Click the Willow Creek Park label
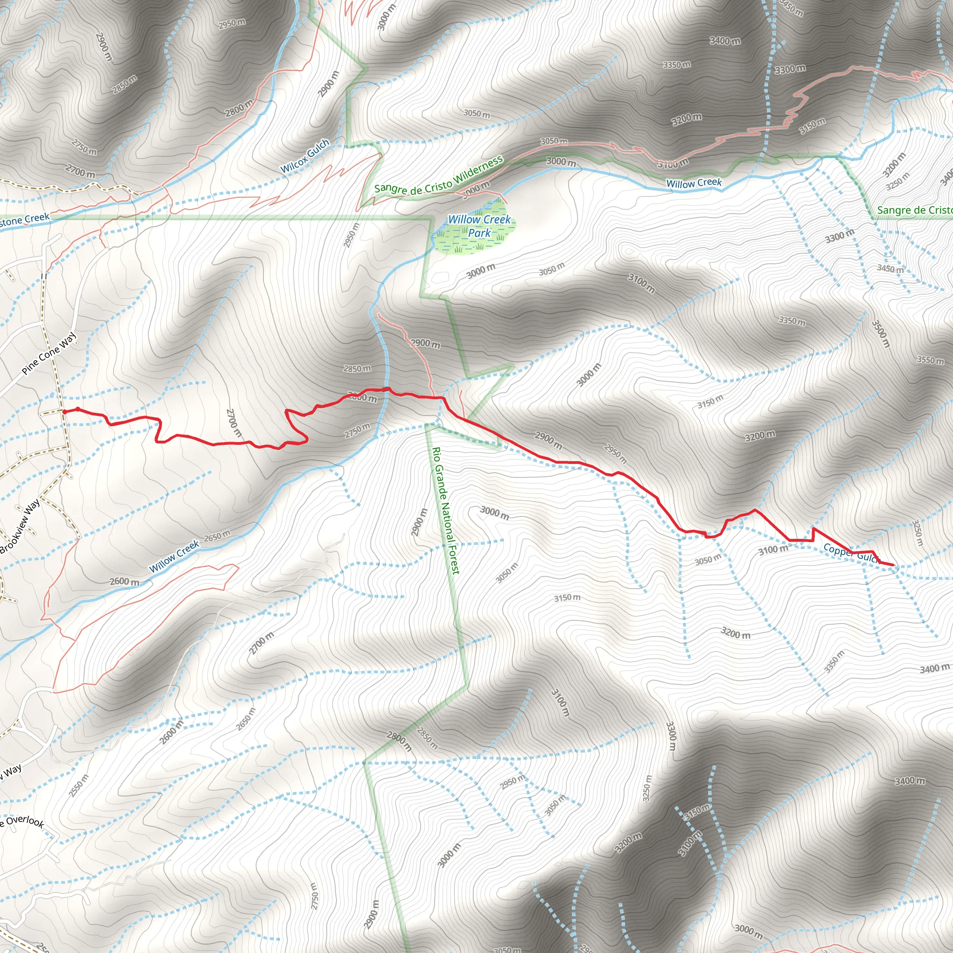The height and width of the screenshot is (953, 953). [x=479, y=226]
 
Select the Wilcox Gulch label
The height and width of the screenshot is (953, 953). [x=305, y=156]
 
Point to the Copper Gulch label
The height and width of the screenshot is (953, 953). [x=852, y=553]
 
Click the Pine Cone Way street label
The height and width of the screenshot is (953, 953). [x=49, y=354]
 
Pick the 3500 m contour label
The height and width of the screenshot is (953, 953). [x=880, y=334]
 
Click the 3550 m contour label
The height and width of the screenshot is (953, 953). [x=930, y=360]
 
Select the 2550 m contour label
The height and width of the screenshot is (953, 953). [x=79, y=786]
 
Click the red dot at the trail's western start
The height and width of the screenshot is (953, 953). [x=65, y=411]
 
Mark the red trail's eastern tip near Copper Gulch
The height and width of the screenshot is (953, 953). [x=893, y=565]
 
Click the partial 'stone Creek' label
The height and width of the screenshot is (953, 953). [x=25, y=220]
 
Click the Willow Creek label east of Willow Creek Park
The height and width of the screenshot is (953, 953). [x=693, y=183]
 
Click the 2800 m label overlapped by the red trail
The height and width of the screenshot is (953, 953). [x=362, y=397]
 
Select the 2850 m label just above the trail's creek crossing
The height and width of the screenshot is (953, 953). [x=357, y=369]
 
